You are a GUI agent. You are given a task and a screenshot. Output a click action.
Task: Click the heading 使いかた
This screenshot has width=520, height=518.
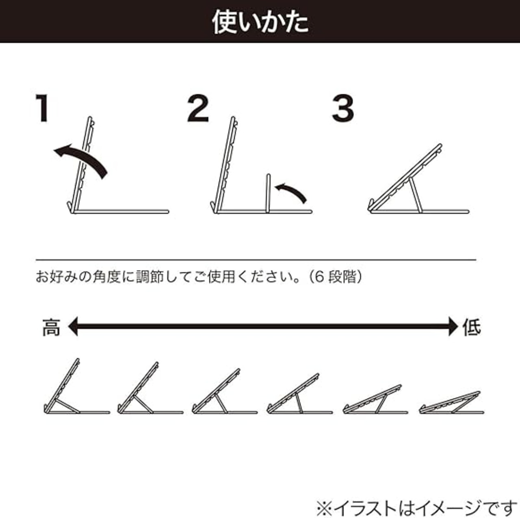pyautogui.click(x=260, y=22)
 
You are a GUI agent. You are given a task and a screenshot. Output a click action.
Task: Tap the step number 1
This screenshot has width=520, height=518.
pyautogui.click(x=43, y=108)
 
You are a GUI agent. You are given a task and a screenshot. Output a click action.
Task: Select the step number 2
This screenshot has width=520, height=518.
pyautogui.click(x=198, y=108)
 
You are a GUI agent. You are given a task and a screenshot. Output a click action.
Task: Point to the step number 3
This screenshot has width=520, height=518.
pyautogui.click(x=343, y=108)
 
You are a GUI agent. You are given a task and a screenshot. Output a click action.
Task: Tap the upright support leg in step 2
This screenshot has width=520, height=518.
pyautogui.click(x=268, y=194)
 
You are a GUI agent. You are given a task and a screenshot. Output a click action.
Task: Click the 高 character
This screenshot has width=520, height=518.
pyautogui.click(x=51, y=328)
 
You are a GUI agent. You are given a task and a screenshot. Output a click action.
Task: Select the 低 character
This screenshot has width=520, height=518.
pyautogui.click(x=472, y=327)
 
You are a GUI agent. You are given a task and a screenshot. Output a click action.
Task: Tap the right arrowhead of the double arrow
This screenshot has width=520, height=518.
pyautogui.click(x=453, y=326)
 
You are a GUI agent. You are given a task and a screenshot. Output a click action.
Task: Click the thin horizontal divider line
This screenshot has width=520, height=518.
pyautogui.click(x=256, y=260)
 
